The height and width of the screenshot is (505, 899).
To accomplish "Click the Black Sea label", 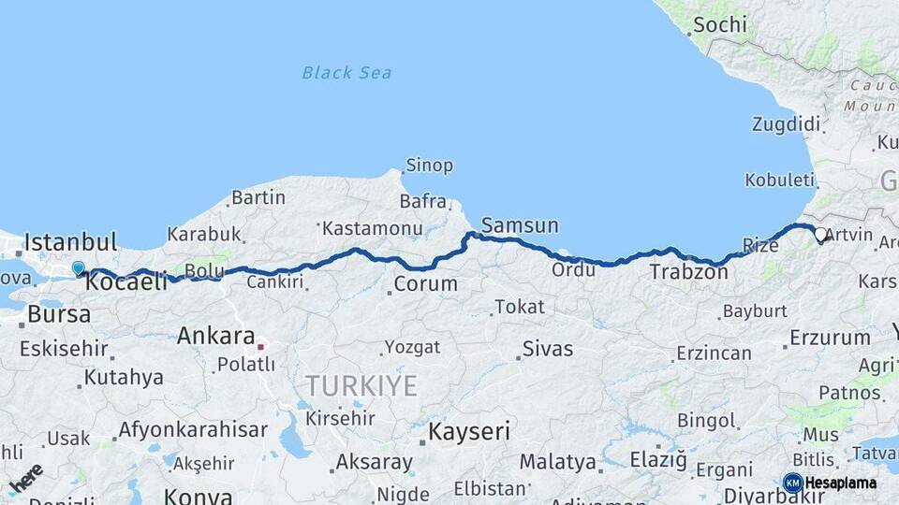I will (x=346, y=73).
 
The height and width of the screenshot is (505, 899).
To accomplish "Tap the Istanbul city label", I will (x=70, y=242).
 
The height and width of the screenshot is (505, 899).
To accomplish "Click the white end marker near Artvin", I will (x=820, y=235).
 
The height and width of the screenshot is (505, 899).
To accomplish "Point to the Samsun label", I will (x=520, y=225).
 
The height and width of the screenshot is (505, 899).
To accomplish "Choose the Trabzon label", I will (x=688, y=273).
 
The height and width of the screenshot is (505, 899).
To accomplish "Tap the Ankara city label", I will (x=216, y=336).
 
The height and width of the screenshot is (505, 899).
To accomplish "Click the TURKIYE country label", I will (x=361, y=385).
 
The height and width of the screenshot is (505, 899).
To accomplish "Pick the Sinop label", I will (x=429, y=166).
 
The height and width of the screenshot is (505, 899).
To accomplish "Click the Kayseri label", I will (x=469, y=431).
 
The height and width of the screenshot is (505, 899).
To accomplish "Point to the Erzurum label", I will (x=830, y=338).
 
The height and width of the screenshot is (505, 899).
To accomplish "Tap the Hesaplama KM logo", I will (x=830, y=483).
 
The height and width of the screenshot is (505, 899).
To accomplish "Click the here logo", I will (x=25, y=478).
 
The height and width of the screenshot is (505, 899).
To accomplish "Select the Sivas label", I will (x=548, y=349).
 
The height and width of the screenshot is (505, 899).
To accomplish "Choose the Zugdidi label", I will (x=786, y=124).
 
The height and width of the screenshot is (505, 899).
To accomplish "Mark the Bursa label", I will (x=59, y=314).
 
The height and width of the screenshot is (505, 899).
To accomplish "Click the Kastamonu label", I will (x=373, y=228).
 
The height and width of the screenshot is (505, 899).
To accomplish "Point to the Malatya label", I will (x=558, y=462).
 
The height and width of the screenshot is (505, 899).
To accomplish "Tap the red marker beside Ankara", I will (x=261, y=344).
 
